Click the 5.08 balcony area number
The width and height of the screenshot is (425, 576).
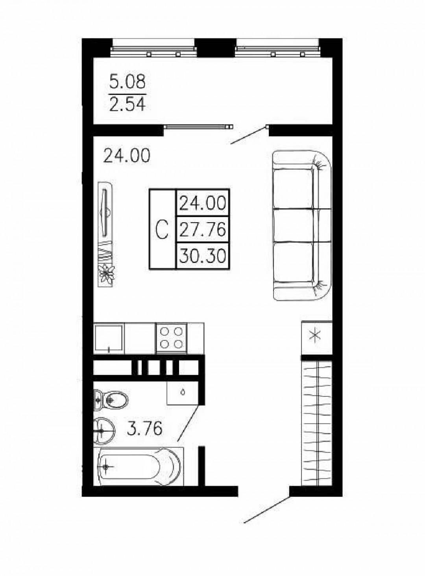tap(127, 82)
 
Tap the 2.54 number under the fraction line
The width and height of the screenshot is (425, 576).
tap(127, 104)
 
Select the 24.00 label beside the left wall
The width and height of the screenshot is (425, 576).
tap(127, 156)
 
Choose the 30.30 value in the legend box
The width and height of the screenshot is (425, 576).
tap(202, 256)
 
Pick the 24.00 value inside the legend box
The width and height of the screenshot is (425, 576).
tap(202, 203)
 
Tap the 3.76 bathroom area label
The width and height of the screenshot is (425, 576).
tap(145, 429)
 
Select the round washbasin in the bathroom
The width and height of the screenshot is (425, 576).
tap(104, 431)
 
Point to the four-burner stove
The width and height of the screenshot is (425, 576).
tap(171, 338)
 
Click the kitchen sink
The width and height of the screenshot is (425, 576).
tap(109, 338)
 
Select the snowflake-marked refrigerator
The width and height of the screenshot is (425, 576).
tap(317, 338)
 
